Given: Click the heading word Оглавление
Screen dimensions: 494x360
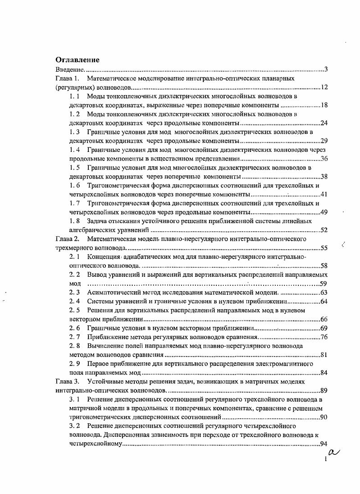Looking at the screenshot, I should click(x=77, y=60).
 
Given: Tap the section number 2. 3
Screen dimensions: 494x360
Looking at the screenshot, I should click(x=75, y=293).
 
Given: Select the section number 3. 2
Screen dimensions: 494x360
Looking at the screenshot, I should click(x=75, y=426).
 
